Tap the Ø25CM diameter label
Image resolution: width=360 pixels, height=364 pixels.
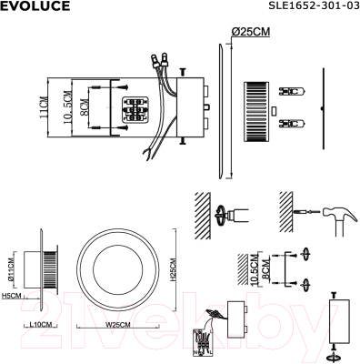click(x=251, y=32)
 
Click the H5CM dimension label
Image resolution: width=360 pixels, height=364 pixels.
click(x=12, y=296)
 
